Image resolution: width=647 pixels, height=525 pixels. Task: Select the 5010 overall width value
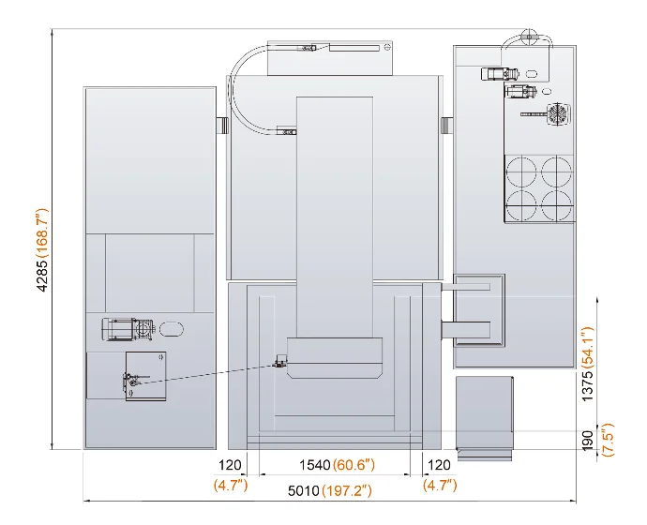click(x=304, y=490)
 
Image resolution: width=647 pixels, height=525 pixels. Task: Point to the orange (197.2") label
click(x=347, y=490)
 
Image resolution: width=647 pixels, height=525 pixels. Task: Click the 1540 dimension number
click(x=315, y=465)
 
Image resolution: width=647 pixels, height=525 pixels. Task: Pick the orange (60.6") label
click(x=354, y=465)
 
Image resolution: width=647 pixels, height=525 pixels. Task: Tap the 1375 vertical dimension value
click(x=587, y=385)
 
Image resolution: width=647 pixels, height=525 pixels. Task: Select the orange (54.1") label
click(x=587, y=347)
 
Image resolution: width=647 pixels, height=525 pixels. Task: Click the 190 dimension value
click(x=587, y=440)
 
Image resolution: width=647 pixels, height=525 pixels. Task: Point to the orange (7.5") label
click(x=608, y=440)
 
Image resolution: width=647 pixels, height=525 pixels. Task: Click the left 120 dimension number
click(x=230, y=465)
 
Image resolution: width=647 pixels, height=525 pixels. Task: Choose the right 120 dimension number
click(x=439, y=465)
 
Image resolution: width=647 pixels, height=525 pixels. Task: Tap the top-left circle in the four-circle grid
click(x=521, y=172)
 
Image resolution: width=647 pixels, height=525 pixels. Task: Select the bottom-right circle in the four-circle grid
click(x=556, y=205)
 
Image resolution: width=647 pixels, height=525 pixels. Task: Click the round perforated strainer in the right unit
click(x=558, y=113)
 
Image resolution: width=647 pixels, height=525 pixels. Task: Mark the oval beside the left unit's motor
click(x=172, y=329)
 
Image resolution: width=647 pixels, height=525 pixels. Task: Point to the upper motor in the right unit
click(x=499, y=74)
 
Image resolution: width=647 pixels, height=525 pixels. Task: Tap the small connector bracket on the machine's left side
click(x=222, y=125)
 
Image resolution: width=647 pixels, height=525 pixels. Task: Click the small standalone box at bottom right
click(x=485, y=417)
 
